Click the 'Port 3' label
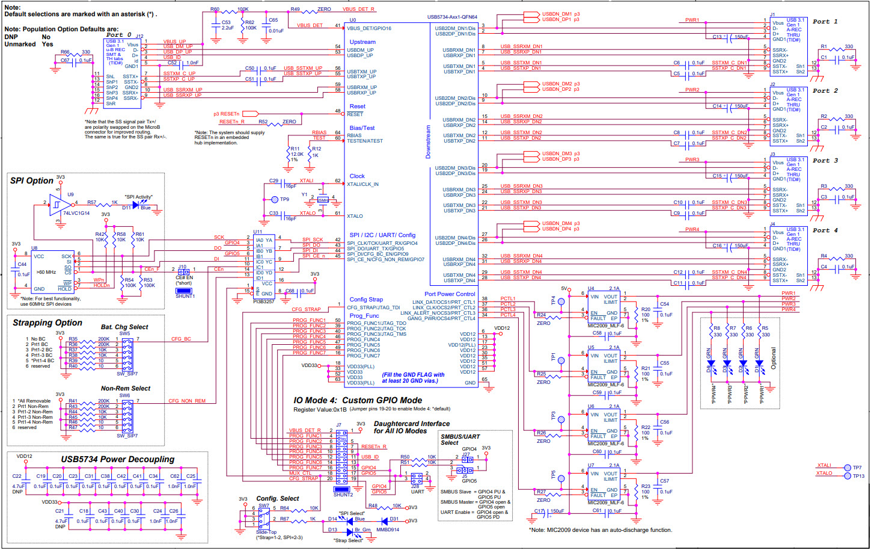(x=825, y=161)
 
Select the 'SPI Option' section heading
(x=31, y=181)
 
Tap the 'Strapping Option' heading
(x=47, y=323)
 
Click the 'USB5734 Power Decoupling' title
(x=117, y=459)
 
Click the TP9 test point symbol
(x=275, y=199)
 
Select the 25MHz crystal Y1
(x=322, y=200)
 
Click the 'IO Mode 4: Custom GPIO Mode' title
(x=357, y=400)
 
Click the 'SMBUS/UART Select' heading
(x=460, y=439)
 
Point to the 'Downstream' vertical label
(x=428, y=141)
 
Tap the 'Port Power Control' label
(x=449, y=294)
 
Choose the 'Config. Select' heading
(x=277, y=498)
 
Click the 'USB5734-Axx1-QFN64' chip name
(x=452, y=17)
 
